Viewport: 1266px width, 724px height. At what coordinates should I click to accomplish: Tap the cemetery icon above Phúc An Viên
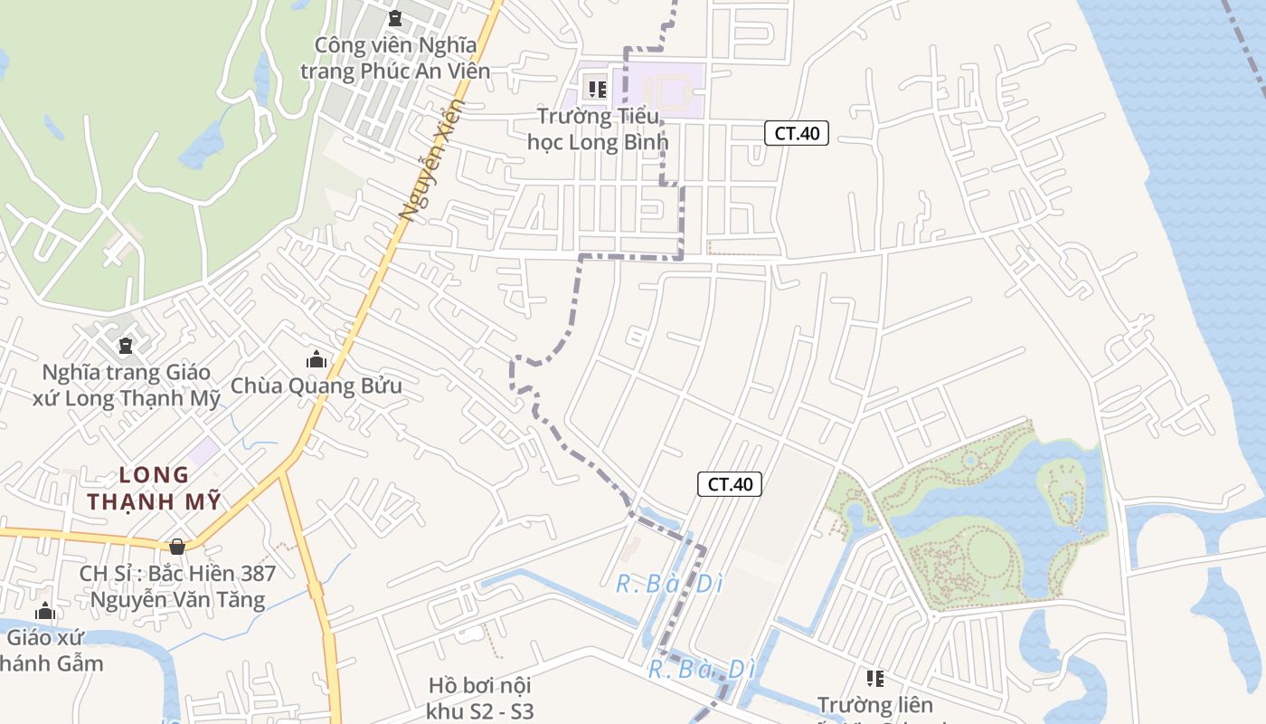pos(394,18)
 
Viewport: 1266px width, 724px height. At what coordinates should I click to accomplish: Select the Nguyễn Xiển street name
pos(431,160)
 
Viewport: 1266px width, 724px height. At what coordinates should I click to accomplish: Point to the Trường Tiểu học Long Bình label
pos(599,129)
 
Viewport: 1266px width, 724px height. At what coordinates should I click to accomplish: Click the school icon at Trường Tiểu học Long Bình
pos(597,89)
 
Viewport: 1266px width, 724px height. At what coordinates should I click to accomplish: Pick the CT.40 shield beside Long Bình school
pos(797,133)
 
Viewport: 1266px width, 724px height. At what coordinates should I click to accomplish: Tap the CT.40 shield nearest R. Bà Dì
pos(730,484)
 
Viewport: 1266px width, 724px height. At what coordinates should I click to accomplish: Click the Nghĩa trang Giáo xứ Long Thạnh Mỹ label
pos(127,386)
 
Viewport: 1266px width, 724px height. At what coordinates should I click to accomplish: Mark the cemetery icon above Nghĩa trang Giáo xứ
pos(125,346)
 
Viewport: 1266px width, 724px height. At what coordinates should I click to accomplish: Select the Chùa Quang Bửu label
pos(316,386)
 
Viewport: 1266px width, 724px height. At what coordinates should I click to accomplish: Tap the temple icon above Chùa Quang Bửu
pos(316,359)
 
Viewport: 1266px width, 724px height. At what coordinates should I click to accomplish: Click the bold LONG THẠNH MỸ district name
pos(155,489)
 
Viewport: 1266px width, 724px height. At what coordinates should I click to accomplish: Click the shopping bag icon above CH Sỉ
pos(177,547)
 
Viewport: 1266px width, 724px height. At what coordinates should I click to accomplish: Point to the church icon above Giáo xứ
pos(45,612)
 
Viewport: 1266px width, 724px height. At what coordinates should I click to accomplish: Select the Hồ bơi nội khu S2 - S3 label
pos(481,698)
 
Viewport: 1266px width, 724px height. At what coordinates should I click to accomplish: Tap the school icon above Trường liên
pos(874,677)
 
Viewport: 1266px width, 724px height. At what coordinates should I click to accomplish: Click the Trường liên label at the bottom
pos(874,704)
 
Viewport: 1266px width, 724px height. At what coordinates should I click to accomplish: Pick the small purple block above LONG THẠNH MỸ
pos(203,450)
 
